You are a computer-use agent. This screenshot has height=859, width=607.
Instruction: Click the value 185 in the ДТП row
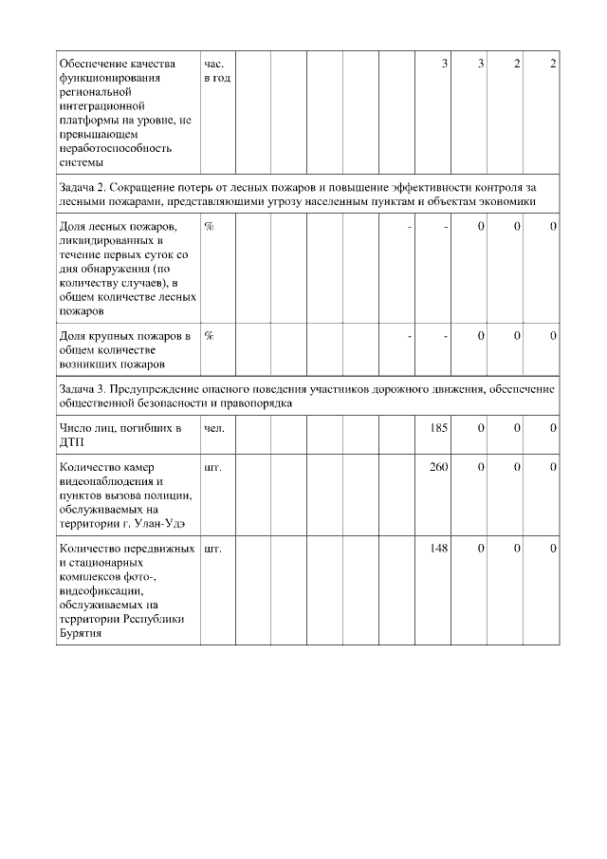(438, 429)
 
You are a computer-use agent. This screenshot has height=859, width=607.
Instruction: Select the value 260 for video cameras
(438, 467)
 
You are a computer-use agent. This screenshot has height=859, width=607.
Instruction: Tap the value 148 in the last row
(438, 548)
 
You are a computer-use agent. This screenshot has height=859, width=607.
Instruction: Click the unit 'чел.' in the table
(214, 429)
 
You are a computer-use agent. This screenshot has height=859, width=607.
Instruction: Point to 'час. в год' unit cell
(216, 70)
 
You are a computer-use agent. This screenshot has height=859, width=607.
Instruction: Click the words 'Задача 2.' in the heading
(83, 187)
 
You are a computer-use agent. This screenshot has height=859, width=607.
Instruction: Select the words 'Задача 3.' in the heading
(83, 388)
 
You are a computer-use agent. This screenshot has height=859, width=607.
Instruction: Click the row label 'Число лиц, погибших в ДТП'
(119, 436)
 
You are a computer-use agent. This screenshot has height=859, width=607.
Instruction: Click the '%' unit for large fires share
(209, 336)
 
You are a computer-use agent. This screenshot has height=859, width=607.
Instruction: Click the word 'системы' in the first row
(81, 161)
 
